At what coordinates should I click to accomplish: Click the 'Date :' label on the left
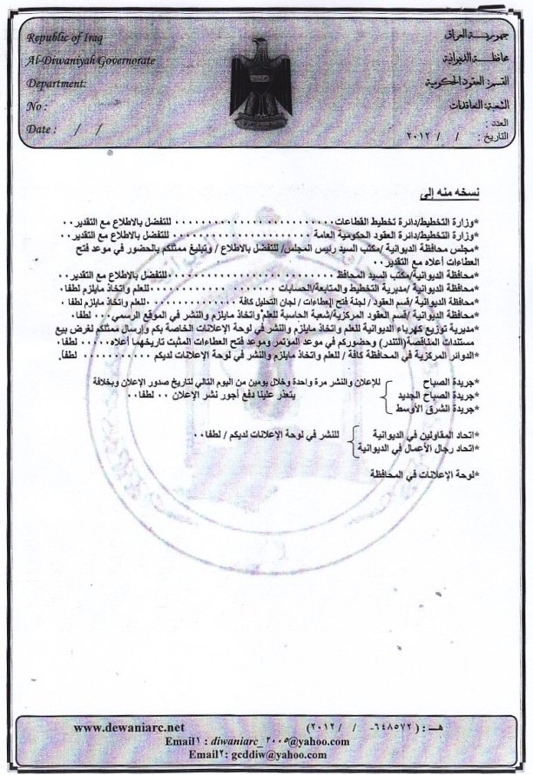(x=42, y=128)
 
